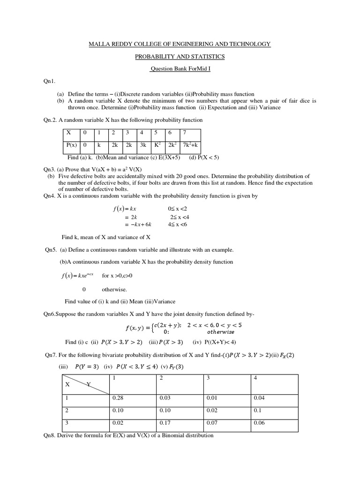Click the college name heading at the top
[x=180, y=44]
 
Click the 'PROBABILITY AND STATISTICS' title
[x=180, y=57]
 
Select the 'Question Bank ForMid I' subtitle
[x=180, y=69]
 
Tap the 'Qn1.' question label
[x=50, y=81]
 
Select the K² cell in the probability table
[x=157, y=146]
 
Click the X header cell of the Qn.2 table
[x=68, y=133]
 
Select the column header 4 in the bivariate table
[x=255, y=378]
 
